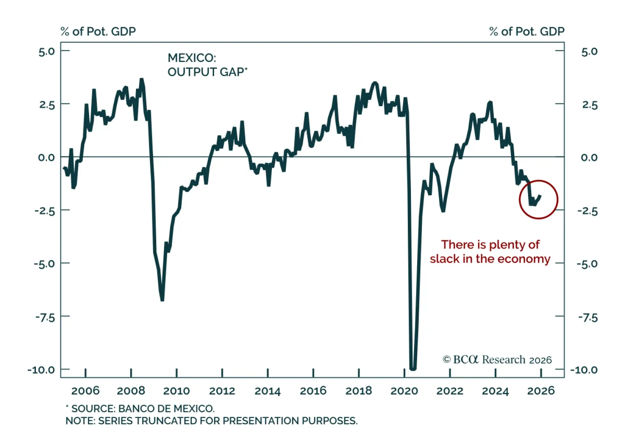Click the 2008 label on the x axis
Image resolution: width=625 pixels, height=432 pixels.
(131, 391)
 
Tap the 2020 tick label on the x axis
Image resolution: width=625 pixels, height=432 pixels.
(404, 391)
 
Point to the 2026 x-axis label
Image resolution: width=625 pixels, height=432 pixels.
(541, 391)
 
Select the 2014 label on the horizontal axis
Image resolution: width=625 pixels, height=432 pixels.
(268, 391)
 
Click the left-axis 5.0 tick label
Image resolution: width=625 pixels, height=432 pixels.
(46, 52)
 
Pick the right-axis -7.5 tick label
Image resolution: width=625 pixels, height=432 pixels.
(588, 318)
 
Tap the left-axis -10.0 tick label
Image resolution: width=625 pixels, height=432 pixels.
(41, 370)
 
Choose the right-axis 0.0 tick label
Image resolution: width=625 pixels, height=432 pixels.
(589, 158)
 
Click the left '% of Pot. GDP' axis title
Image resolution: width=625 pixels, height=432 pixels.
(98, 32)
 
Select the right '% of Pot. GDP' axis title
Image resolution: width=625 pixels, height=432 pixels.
(527, 32)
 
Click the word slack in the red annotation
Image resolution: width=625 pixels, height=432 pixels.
(445, 259)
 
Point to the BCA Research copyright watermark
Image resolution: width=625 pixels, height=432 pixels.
(497, 359)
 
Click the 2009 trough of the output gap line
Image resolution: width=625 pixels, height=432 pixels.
(162, 300)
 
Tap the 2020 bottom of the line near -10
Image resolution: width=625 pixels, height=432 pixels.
(412, 368)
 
